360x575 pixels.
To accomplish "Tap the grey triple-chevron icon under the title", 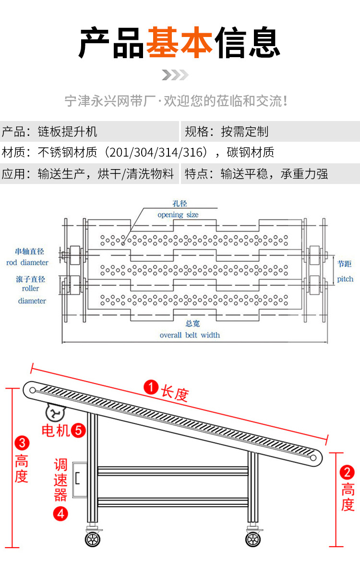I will pyautogui.click(x=175, y=75).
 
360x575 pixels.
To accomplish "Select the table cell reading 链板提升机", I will pyautogui.click(x=67, y=132).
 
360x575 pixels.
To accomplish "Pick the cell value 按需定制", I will pyautogui.click(x=245, y=132).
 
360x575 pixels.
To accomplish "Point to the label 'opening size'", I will pyautogui.click(x=178, y=215).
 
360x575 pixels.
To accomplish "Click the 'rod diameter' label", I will pyautogui.click(x=27, y=262).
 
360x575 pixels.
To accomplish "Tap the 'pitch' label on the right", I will pyautogui.click(x=345, y=279).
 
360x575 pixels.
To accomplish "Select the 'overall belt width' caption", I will pyautogui.click(x=190, y=335).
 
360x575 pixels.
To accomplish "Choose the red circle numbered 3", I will pyautogui.click(x=22, y=442).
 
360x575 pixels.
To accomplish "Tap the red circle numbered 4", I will pyautogui.click(x=60, y=514).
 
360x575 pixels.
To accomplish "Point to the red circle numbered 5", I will pyautogui.click(x=78, y=430).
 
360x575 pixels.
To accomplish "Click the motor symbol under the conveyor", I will pyautogui.click(x=55, y=412).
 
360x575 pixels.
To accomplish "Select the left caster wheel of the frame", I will pyautogui.click(x=92, y=539).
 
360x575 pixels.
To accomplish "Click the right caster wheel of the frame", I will pyautogui.click(x=253, y=539).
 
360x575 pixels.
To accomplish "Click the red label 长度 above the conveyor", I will pyautogui.click(x=175, y=393).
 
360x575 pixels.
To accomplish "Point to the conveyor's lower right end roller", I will pyautogui.click(x=313, y=458).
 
